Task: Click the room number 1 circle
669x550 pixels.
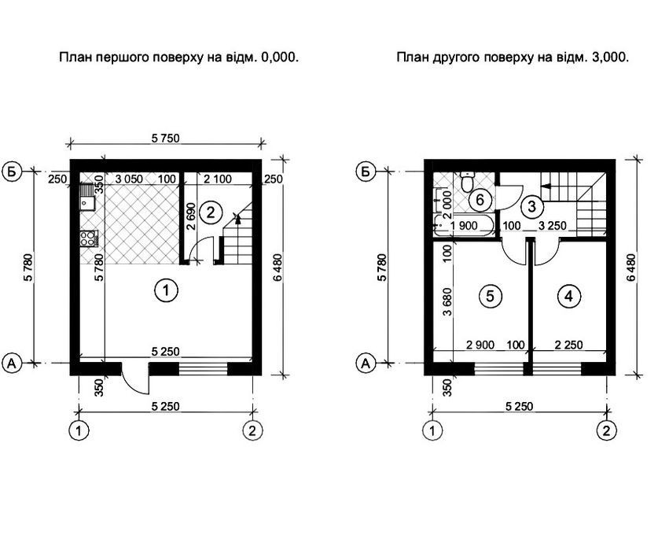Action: coord(166,291)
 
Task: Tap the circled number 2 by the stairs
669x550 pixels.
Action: coord(211,212)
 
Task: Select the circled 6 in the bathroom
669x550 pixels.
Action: coord(480,200)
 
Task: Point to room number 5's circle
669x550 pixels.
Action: coord(490,296)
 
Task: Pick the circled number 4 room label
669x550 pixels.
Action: coord(568,296)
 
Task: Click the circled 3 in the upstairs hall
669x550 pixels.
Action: coord(531,207)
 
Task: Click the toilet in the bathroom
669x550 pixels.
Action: coord(468,182)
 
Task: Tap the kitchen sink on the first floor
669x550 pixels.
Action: coord(87,197)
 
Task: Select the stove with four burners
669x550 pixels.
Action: coord(89,238)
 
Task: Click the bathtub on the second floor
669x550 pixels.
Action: coord(464,226)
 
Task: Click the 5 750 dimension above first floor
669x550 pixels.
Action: coord(166,138)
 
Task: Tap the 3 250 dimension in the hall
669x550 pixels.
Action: coord(553,226)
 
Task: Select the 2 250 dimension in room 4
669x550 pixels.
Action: coord(568,344)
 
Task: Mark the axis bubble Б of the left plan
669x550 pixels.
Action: coord(12,172)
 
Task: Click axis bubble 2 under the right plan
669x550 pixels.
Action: coord(606,430)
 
